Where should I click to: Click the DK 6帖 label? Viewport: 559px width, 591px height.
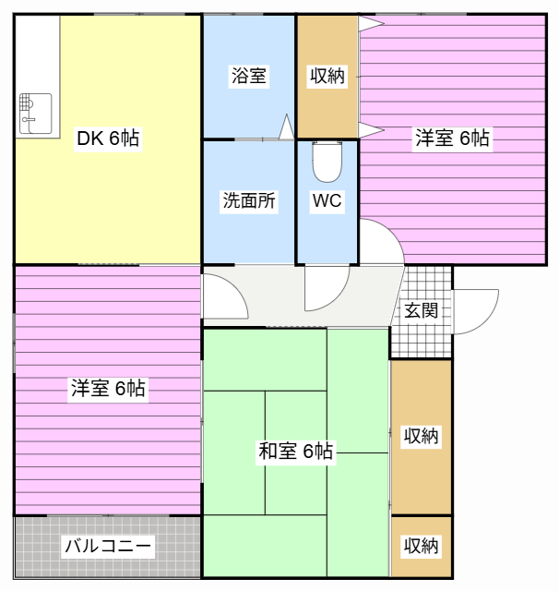point(108,139)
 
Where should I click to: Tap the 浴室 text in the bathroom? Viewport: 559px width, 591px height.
point(248,76)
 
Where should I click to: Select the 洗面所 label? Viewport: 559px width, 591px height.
point(248,201)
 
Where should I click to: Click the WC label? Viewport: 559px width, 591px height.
point(327,201)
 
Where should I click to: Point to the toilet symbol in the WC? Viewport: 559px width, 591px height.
point(327,163)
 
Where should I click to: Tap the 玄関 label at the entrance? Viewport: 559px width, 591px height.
point(421,310)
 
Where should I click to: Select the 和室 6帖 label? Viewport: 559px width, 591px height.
point(295,452)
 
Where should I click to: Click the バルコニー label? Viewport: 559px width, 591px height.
point(107,546)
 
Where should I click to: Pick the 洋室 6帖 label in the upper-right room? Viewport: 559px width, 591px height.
point(452,139)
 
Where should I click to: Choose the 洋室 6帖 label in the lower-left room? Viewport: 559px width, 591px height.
point(108,389)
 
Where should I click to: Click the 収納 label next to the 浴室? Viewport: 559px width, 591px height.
point(327,76)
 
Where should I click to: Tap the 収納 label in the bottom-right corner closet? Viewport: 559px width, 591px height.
point(421,546)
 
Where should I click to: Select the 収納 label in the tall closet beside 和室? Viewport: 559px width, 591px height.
point(421,436)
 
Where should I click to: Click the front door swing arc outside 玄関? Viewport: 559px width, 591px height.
point(474,314)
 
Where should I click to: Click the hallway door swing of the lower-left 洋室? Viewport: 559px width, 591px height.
point(223,297)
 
